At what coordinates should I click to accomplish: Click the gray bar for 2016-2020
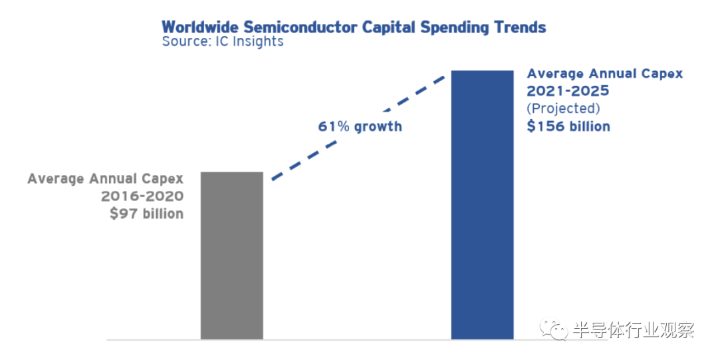coord(232,256)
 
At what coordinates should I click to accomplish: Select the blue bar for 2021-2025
coord(482,205)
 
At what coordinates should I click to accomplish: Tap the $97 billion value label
coord(146,214)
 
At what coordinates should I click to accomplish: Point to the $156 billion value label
coord(568,126)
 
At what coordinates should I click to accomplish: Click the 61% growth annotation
coord(360,126)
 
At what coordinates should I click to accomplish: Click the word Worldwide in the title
coord(201,27)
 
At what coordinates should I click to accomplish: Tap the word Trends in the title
coord(520,27)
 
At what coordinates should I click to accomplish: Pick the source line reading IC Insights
coord(223,42)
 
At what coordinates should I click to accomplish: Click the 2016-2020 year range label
coord(142,196)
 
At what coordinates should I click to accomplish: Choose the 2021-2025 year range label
coord(568,90)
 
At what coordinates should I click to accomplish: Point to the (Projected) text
coord(563,108)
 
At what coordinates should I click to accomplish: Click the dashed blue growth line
coord(358,127)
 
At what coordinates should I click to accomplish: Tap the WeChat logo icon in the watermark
coord(554,328)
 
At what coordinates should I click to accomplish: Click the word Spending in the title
coord(455,27)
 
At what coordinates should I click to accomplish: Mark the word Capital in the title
coord(389,27)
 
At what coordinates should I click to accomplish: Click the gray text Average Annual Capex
coord(105,179)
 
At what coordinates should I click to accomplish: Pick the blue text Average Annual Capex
coord(605,74)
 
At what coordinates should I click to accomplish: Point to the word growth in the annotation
coord(378,127)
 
